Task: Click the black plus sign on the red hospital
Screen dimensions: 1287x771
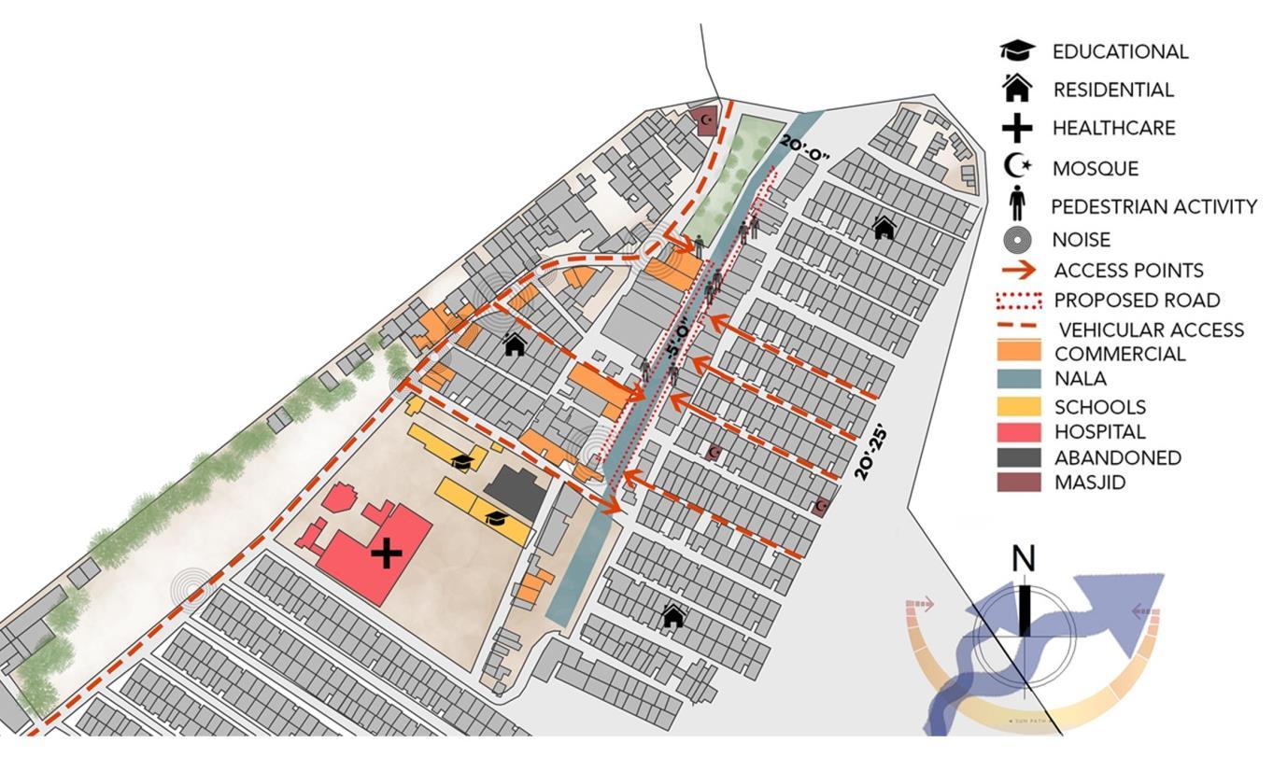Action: coord(386,554)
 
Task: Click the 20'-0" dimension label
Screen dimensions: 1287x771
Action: coord(804,147)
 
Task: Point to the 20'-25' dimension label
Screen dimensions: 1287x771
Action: coord(870,453)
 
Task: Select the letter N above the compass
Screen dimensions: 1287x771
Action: coord(1024,559)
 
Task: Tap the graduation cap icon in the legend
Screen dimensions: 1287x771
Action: coord(1017,51)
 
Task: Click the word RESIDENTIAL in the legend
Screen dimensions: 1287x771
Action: coord(1113,91)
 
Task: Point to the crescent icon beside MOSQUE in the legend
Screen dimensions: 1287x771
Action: coord(1017,166)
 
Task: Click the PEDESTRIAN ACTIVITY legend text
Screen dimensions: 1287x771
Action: coord(1153,207)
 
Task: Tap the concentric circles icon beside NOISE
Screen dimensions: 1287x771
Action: coord(1017,240)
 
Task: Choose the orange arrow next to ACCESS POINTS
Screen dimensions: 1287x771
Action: coord(1018,271)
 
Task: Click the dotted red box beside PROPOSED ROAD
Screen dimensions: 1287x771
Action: coord(1018,301)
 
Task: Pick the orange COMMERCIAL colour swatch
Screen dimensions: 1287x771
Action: coord(1018,352)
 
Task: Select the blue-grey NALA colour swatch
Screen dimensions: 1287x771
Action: coord(1018,378)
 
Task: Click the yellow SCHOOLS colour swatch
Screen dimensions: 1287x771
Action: coord(1018,406)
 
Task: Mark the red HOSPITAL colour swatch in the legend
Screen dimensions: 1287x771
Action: coord(1018,431)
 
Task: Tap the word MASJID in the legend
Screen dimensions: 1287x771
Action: coord(1090,483)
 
